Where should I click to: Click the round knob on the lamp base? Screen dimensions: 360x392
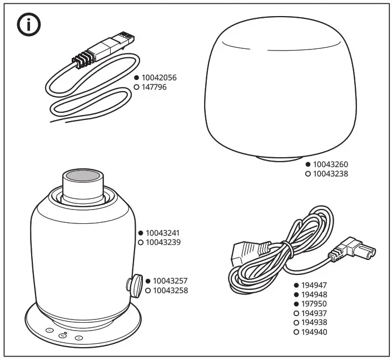pos(136,284)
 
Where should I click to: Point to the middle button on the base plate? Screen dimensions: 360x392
pos(63,335)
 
